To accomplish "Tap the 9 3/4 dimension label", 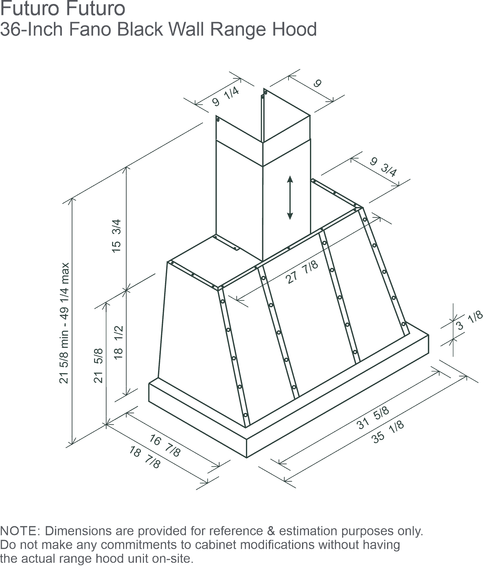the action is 383,167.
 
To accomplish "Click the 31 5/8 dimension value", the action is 373,418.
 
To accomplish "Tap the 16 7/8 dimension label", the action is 165,446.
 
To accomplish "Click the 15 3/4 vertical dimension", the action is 117,236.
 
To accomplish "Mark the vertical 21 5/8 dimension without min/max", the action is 99,366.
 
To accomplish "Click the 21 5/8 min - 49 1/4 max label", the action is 64,323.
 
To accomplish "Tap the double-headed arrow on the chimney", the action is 290,198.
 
